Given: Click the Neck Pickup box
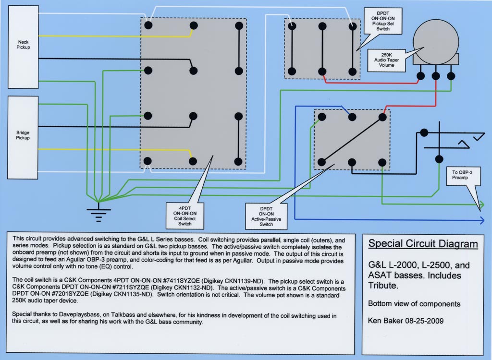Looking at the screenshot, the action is point(23,47).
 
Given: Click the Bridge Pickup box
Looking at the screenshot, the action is point(23,137).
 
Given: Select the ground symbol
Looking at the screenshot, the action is point(98,213).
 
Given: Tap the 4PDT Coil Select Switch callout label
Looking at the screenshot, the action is point(185,216).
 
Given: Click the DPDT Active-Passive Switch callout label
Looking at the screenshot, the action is point(266,216).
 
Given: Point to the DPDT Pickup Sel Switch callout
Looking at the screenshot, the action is point(383,21).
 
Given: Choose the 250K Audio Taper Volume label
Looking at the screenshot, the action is point(386,60).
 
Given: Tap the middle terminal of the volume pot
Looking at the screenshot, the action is point(435,76).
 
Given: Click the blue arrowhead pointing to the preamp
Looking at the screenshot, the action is point(481,220).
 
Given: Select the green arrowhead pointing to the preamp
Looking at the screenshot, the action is point(481,205).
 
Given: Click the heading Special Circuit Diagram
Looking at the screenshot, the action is point(423,244).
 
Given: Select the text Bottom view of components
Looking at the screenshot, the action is point(414,303).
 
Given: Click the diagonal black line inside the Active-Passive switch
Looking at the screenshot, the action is point(352,140).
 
